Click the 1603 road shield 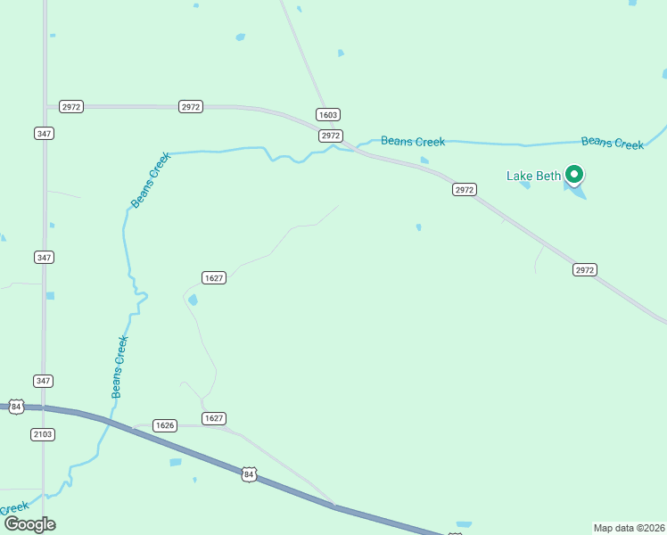point(328,115)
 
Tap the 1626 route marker point(164,425)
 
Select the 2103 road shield point(43,434)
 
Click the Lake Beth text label point(533,176)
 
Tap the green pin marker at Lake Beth point(575,175)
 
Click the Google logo point(29,524)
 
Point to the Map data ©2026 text point(630,528)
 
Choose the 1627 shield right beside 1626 point(214,418)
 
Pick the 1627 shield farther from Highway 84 point(214,277)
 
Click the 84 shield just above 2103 point(16,406)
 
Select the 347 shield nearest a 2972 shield point(44,133)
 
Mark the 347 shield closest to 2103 point(44,381)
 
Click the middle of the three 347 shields point(44,257)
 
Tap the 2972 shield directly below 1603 point(331,136)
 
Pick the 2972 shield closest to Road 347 point(71,106)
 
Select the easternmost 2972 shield point(584,269)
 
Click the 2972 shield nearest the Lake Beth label point(465,190)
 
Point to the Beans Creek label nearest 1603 point(413,141)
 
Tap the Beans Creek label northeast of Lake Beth point(612,143)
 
